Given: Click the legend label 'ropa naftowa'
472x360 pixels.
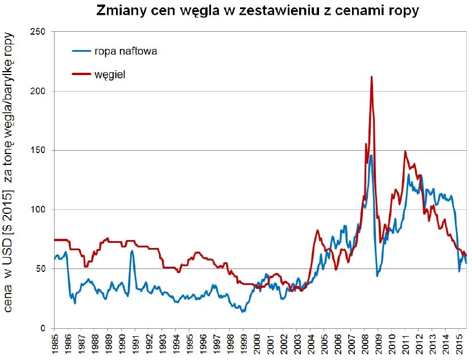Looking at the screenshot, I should (x=126, y=51).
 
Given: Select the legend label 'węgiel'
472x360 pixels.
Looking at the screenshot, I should (x=110, y=75).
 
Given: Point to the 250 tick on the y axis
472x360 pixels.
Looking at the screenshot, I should (x=39, y=32).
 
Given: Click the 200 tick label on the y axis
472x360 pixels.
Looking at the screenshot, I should (x=39, y=91).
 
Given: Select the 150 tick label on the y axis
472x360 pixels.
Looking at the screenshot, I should (x=39, y=150).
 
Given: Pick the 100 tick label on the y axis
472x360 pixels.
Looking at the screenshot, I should (x=39, y=210).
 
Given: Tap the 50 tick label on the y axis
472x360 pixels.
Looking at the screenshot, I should (x=41, y=269).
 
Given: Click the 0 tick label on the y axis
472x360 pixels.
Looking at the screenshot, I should (x=43, y=328).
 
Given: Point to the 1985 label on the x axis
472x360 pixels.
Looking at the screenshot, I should (x=55, y=345).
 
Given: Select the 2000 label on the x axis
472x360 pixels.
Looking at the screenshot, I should (x=257, y=345).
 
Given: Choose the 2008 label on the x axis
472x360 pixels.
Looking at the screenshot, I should (x=365, y=345).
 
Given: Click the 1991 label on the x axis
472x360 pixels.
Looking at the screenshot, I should (x=135, y=345).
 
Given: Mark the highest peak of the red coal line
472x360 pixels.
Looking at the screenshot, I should (x=371, y=77).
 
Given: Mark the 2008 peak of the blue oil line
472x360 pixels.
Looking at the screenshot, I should (x=371, y=155).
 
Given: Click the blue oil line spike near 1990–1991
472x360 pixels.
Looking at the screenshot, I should (x=132, y=250).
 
